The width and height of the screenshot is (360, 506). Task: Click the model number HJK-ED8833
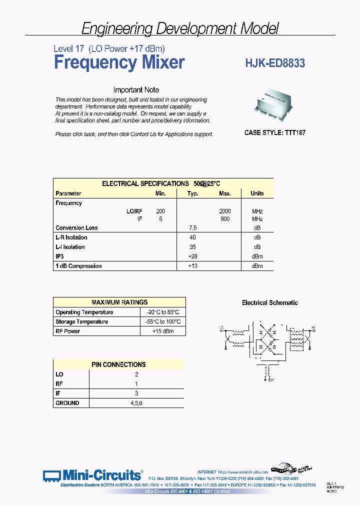(x=275, y=63)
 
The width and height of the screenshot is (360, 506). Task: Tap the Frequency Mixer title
(x=119, y=62)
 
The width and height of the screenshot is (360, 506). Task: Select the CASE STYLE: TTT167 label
(x=274, y=133)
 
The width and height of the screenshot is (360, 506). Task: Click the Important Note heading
(x=136, y=90)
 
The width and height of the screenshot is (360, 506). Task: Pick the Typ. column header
(x=192, y=193)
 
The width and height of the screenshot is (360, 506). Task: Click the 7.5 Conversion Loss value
(x=192, y=228)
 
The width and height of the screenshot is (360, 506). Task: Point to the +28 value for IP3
(x=192, y=256)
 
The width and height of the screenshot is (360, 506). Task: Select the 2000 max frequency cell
(x=224, y=211)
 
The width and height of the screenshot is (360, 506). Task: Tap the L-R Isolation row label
(x=71, y=237)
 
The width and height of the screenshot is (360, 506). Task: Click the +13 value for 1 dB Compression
(x=192, y=266)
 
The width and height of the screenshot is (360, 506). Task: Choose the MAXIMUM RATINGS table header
(x=119, y=302)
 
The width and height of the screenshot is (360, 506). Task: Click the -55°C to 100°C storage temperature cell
(x=163, y=322)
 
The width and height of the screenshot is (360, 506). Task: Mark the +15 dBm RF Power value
(x=163, y=331)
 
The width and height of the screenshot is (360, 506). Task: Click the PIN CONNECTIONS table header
(x=118, y=364)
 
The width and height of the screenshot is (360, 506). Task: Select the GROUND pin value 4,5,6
(x=135, y=402)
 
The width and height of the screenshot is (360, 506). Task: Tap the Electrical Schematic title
(x=270, y=302)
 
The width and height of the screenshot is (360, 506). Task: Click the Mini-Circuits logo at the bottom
(x=92, y=474)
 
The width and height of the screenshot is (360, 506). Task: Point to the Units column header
(x=257, y=193)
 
